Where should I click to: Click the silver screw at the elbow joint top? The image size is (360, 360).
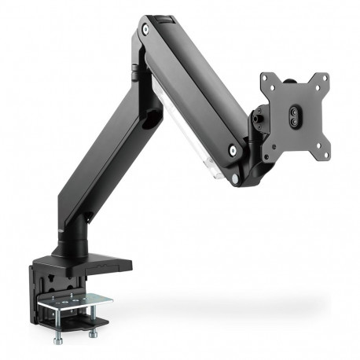tap(147, 31)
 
